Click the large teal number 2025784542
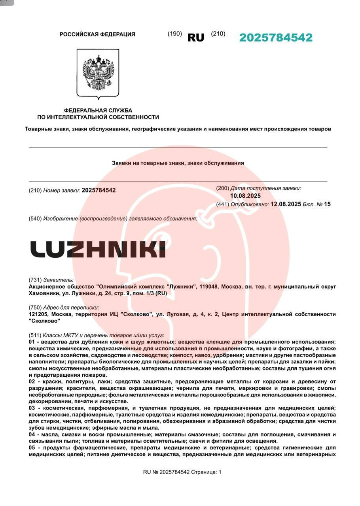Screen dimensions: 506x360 point(276,38)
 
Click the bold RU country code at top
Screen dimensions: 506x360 point(196,38)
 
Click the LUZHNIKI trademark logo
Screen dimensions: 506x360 point(98,249)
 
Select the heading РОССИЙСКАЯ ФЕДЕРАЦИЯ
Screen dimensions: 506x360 point(97,34)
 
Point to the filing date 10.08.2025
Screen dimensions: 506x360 point(245,196)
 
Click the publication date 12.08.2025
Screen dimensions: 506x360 point(286,204)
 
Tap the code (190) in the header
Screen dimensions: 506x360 point(174,34)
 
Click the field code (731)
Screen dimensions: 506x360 point(35,279)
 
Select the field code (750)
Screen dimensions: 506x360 point(35,307)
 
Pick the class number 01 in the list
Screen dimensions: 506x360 point(32,342)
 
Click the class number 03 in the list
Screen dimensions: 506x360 point(32,408)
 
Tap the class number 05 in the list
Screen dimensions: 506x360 point(32,447)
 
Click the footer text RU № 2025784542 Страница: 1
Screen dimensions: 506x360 point(182,472)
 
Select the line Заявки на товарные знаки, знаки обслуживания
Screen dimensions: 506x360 point(178,163)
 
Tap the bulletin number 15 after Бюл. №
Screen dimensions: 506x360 point(327,204)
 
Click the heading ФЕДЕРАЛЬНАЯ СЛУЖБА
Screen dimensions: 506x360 point(98,110)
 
